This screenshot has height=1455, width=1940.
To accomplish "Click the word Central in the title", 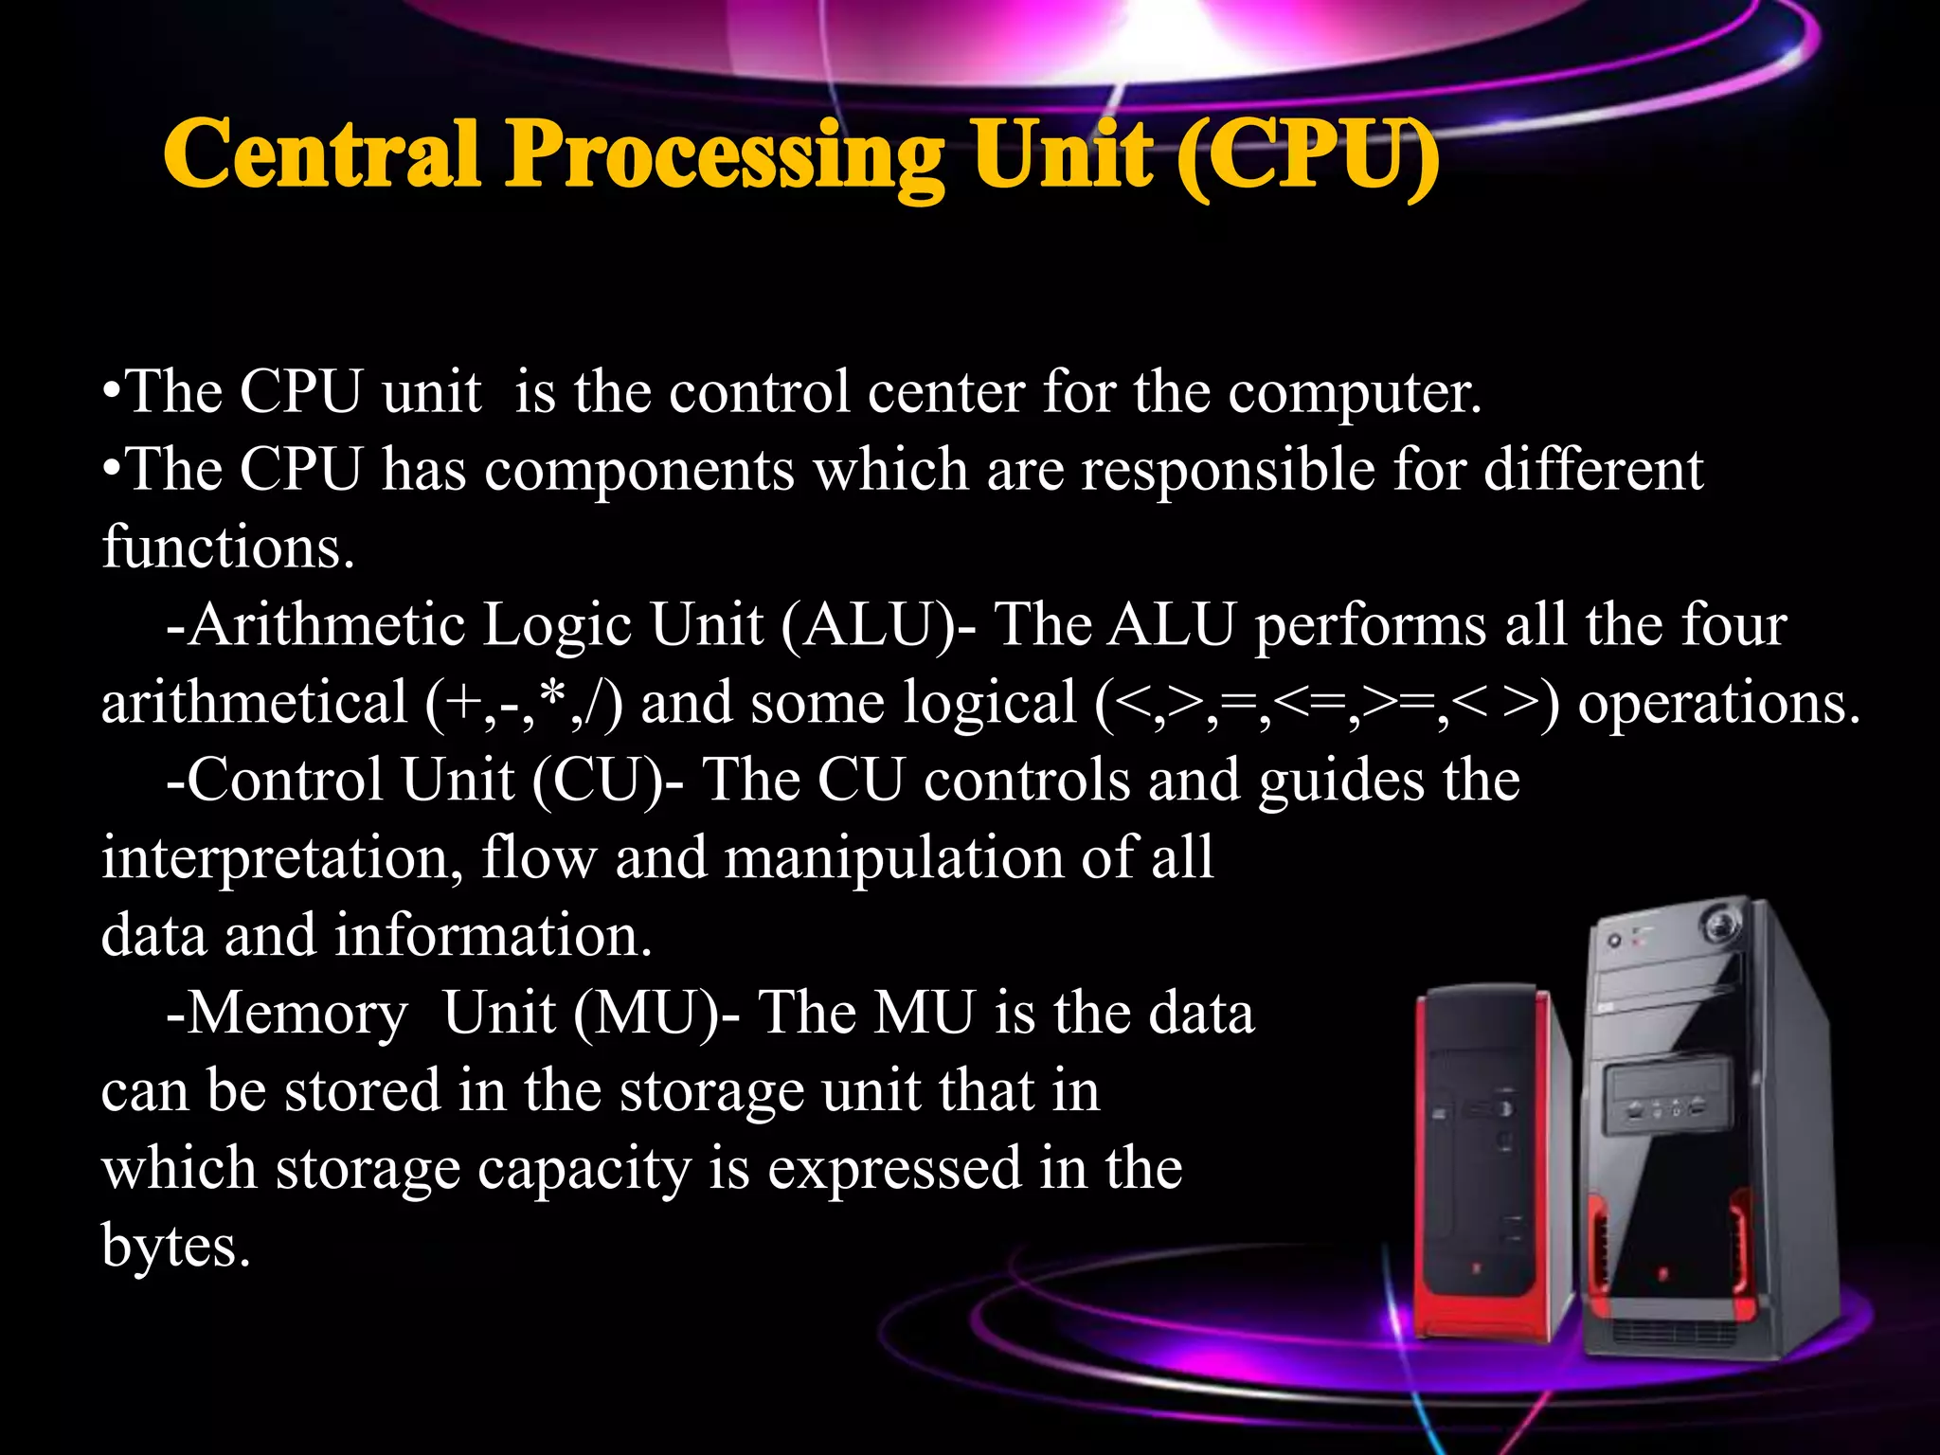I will click(x=321, y=153).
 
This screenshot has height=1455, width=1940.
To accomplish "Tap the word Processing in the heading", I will click(x=725, y=157).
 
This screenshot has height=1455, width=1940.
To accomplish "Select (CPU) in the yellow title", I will click(x=1307, y=157).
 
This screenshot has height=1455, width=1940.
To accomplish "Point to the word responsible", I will click(x=1228, y=470).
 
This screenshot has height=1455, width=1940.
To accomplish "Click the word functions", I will click(x=227, y=548).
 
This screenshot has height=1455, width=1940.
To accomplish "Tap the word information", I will click(x=493, y=936).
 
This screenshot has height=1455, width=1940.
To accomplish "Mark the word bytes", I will click(x=175, y=1247).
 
